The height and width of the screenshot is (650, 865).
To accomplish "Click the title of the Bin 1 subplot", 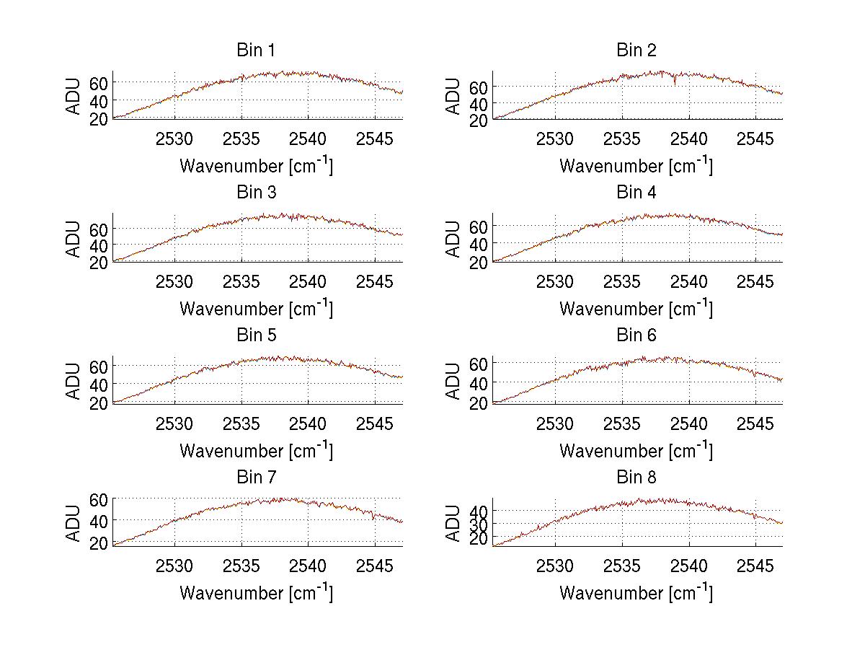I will pyautogui.click(x=256, y=50).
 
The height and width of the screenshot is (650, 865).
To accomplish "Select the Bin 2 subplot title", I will pyautogui.click(x=636, y=50).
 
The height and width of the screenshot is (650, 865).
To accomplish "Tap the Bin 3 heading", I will pyautogui.click(x=256, y=193).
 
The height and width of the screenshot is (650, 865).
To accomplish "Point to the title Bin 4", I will pyautogui.click(x=636, y=193).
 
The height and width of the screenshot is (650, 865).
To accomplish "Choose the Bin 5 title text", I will pyautogui.click(x=256, y=335).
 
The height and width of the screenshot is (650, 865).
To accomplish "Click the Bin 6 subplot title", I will pyautogui.click(x=636, y=335).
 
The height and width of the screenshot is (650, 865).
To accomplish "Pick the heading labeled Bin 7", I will pyautogui.click(x=256, y=478).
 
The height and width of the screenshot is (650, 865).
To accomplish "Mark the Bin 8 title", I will pyautogui.click(x=636, y=478).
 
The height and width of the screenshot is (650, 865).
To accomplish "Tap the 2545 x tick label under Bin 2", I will pyautogui.click(x=755, y=139).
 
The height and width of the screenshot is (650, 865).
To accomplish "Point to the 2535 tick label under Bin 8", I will pyautogui.click(x=622, y=565).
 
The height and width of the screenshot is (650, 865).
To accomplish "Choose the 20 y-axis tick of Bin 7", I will pyautogui.click(x=99, y=543).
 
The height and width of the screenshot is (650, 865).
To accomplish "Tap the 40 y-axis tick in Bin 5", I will pyautogui.click(x=99, y=384).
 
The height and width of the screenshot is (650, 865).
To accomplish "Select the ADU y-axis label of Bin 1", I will pyautogui.click(x=74, y=95).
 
